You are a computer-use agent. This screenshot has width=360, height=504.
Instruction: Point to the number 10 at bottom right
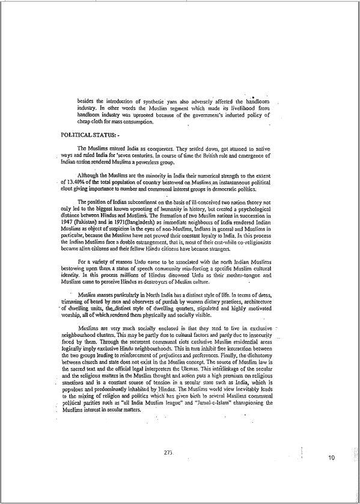pyautogui.click(x=331, y=458)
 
